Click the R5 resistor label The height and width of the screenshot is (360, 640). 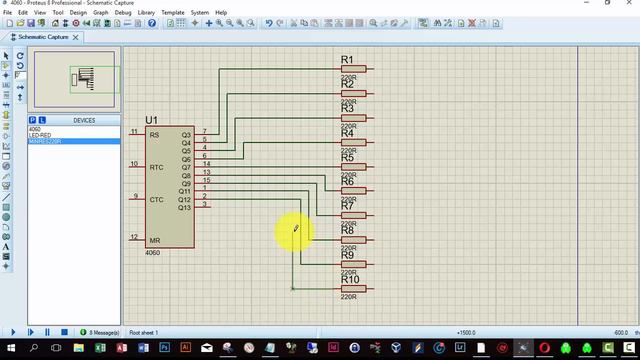[x=347, y=158]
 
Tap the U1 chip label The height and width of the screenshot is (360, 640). [x=152, y=120]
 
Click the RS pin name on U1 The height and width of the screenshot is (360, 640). [x=154, y=135]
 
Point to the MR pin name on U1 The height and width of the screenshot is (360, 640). [x=154, y=240]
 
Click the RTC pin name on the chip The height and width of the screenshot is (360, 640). [x=156, y=167]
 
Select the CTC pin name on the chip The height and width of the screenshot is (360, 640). [x=156, y=199]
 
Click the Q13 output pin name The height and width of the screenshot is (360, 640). [x=184, y=207]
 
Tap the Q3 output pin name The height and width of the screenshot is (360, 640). [x=186, y=135]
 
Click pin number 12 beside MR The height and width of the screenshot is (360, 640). [x=134, y=237]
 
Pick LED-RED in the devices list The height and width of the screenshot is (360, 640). [x=40, y=135]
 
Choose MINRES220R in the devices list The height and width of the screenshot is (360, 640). [x=45, y=141]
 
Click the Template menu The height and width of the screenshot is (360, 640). [x=172, y=13]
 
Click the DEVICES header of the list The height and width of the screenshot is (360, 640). [x=84, y=120]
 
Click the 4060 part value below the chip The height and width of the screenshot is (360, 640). [x=152, y=253]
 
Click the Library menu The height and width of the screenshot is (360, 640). [x=146, y=13]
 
